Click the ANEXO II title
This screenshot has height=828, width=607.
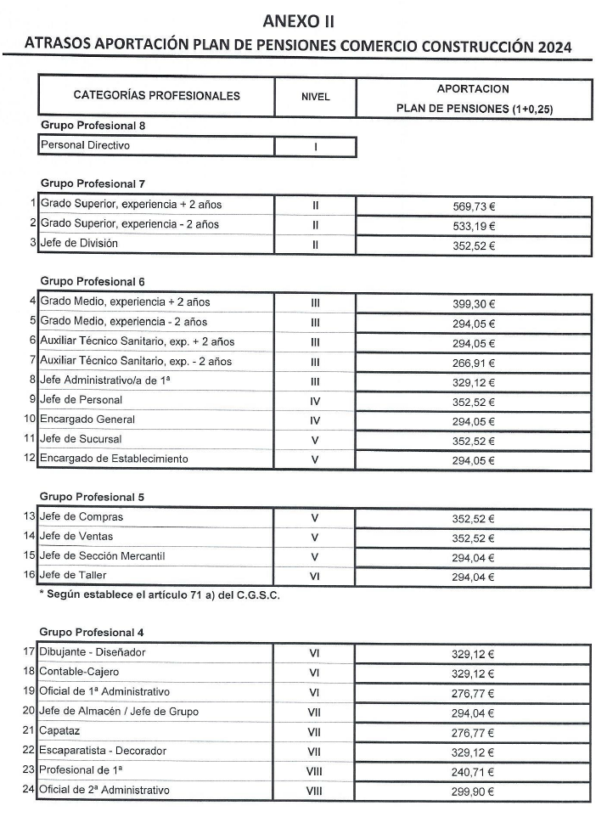pyautogui.click(x=304, y=20)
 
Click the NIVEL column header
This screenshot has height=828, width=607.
pyautogui.click(x=315, y=97)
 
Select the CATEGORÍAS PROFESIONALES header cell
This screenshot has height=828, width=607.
pyautogui.click(x=156, y=96)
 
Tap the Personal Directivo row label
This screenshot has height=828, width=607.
pyautogui.click(x=85, y=145)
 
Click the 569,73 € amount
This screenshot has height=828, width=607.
pyautogui.click(x=474, y=206)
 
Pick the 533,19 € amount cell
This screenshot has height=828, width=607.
pyautogui.click(x=474, y=226)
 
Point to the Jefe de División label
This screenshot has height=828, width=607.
pyautogui.click(x=79, y=244)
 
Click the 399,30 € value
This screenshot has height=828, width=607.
pyautogui.click(x=474, y=302)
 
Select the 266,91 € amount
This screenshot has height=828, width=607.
pyautogui.click(x=474, y=363)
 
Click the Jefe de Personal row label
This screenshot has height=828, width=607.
pyautogui.click(x=81, y=400)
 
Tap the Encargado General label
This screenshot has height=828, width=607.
pyautogui.click(x=87, y=420)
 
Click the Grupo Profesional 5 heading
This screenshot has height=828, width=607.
pyautogui.click(x=94, y=496)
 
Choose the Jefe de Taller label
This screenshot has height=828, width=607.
pyautogui.click(x=76, y=575)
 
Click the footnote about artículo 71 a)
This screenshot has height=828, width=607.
pyautogui.click(x=160, y=594)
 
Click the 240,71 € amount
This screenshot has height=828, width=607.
pyautogui.click(x=474, y=773)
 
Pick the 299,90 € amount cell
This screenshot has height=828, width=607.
pyautogui.click(x=474, y=792)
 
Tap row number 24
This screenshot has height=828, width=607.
pyautogui.click(x=30, y=791)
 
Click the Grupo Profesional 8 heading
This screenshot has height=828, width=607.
pyautogui.click(x=94, y=126)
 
